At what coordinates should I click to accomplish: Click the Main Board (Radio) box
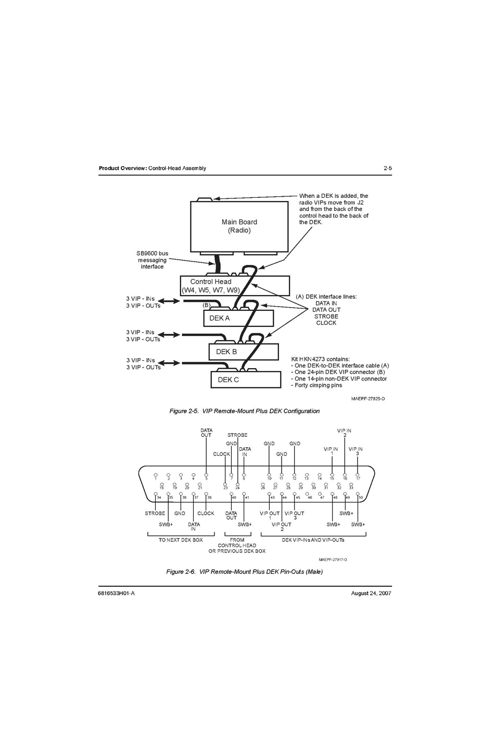coord(239,226)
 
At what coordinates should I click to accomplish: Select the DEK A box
coord(238,318)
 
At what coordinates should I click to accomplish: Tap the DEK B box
coord(243,352)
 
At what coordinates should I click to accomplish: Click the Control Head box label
coord(211,282)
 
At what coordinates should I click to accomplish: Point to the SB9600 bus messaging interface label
coord(152,260)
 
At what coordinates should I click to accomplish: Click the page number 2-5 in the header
coord(387,168)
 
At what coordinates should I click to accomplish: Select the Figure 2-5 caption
coord(244,411)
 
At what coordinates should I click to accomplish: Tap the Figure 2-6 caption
coord(244,572)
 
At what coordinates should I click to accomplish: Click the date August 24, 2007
coord(371,593)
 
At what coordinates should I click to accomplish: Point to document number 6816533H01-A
coord(117,593)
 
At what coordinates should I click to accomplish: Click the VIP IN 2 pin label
coord(344,433)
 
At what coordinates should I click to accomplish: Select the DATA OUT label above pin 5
coord(206,433)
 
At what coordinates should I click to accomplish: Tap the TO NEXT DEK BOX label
coord(181,540)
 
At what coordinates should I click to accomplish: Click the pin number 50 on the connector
coord(361,498)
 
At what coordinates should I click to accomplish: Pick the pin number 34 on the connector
coord(159,498)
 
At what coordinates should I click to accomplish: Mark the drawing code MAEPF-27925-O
coord(368,399)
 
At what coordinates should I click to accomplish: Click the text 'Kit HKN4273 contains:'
coord(320,359)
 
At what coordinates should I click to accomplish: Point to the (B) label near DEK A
coord(207,305)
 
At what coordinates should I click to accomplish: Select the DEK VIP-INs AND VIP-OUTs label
coord(313,540)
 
